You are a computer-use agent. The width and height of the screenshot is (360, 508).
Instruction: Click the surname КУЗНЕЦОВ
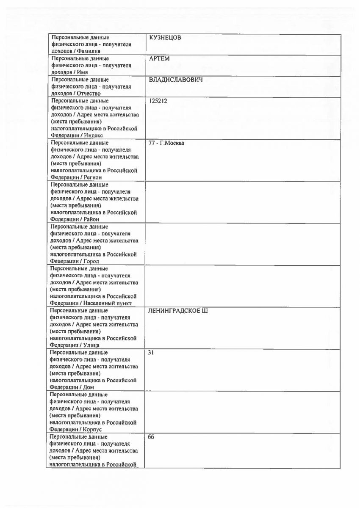pos(165,38)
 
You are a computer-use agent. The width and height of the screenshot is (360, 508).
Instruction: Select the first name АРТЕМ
pos(159,59)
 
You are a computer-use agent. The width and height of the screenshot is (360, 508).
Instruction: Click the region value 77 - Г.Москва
pos(166,143)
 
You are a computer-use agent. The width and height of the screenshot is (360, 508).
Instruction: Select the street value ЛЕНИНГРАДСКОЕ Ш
pos(178,311)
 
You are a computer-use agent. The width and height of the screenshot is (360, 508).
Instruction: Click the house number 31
pos(151,352)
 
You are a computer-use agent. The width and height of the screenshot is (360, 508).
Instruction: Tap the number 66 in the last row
pos(151,436)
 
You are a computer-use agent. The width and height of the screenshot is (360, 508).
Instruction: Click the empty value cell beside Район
pos(243,202)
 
